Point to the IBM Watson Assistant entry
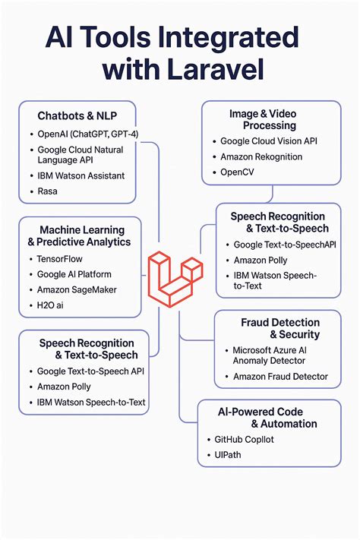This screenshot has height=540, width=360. [81, 175]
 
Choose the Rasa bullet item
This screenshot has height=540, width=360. [47, 191]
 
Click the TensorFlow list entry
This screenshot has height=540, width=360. [62, 258]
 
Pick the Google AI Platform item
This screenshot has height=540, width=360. [74, 274]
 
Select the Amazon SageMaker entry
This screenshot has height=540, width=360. [78, 290]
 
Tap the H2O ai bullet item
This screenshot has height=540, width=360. [51, 305]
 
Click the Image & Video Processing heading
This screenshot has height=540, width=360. [270, 119]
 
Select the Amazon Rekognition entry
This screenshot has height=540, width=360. [261, 157]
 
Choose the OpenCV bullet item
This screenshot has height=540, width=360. [240, 172]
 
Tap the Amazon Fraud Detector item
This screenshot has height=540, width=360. [280, 377]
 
